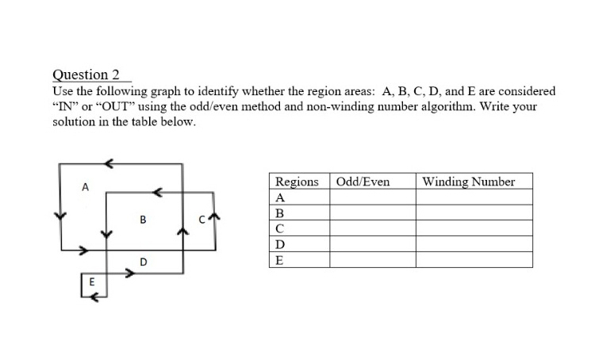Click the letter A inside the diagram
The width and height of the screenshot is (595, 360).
coord(84,187)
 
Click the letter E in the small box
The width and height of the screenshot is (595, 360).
coord(91,281)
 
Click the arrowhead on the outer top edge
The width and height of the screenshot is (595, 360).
coord(110,164)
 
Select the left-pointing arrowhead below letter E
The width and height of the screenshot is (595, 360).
coord(94,297)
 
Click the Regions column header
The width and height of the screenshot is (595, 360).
coord(297,182)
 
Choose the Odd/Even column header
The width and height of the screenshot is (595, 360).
coord(363,182)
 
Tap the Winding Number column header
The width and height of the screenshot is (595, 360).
coord(469,182)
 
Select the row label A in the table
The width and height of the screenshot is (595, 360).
coord(280,197)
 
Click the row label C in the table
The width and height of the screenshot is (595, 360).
coord(280,228)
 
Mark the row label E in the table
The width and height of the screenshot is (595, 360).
coord(279,259)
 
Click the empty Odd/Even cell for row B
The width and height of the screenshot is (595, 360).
coord(373,213)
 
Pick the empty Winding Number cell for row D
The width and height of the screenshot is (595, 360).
coord(474,244)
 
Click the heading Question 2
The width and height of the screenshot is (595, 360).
coord(86,75)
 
